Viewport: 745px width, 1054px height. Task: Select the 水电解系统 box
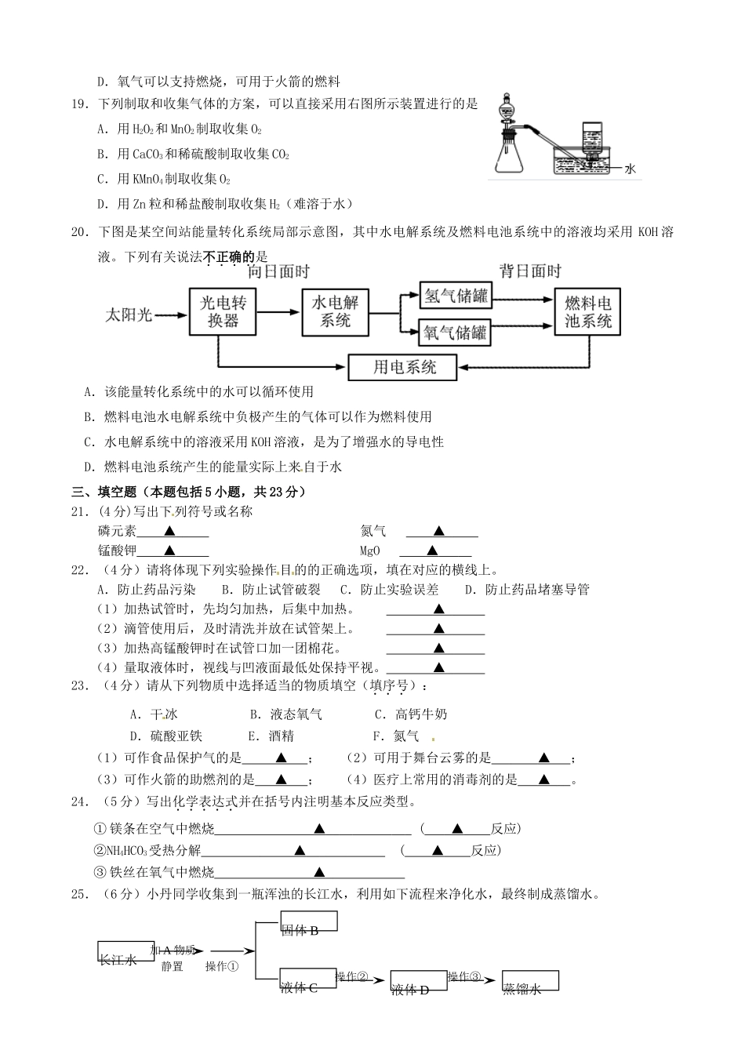[x=335, y=312]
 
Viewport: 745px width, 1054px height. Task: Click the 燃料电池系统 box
[x=588, y=312]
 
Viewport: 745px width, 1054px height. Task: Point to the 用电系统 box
[x=404, y=367]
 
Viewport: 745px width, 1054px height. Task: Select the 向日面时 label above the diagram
[x=278, y=272]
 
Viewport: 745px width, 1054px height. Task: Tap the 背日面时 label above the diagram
[x=531, y=272]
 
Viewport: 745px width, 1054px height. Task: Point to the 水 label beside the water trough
[x=629, y=168]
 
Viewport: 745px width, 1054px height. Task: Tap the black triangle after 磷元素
[x=169, y=531]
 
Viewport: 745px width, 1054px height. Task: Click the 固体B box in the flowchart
[x=309, y=922]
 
